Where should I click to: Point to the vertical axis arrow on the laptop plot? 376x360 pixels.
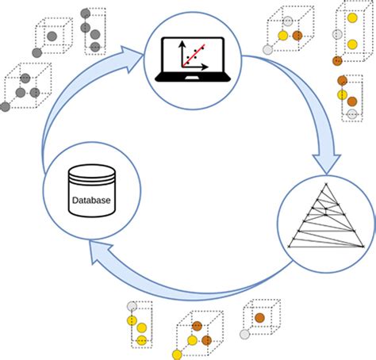[x=182, y=42]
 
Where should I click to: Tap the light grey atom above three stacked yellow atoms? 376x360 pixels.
[x=132, y=305]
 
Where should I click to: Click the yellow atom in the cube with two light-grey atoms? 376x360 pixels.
[x=282, y=36]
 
